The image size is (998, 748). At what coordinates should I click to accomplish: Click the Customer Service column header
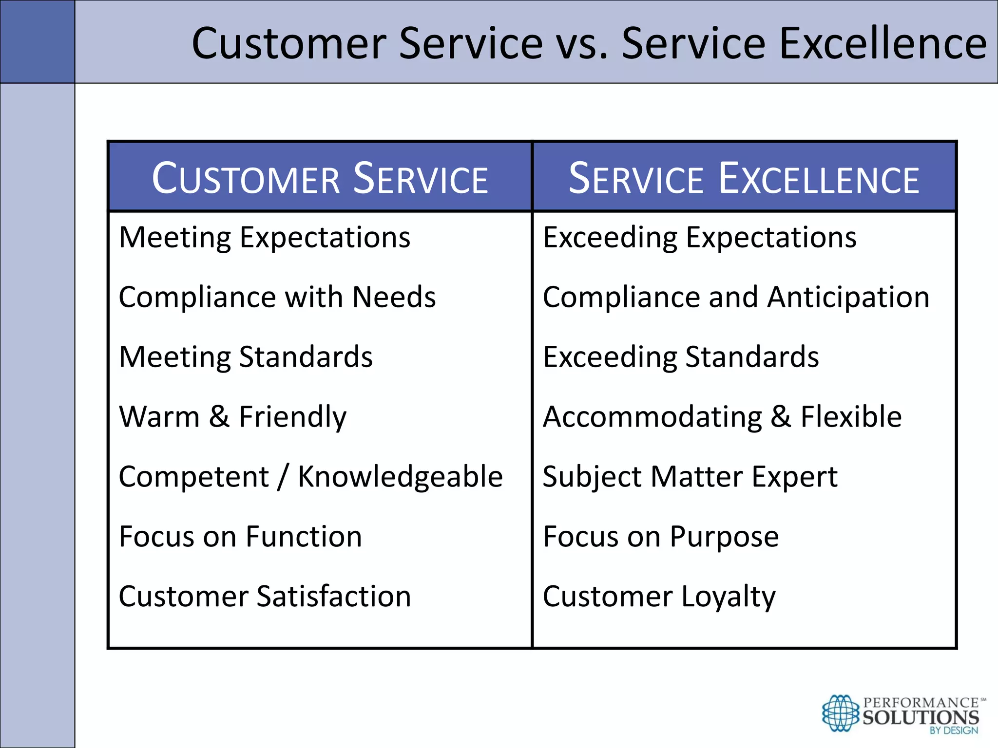click(x=320, y=178)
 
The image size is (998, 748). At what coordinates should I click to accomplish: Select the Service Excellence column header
click(x=744, y=178)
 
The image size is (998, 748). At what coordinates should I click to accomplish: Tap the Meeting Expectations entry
click(x=265, y=238)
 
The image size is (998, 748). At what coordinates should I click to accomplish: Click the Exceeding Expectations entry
click(x=700, y=238)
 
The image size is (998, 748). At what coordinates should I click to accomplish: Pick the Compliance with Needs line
click(x=277, y=297)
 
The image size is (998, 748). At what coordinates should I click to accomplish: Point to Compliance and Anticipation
click(x=736, y=297)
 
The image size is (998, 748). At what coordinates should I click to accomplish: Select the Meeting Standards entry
click(x=246, y=357)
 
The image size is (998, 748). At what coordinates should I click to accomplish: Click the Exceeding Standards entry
click(x=681, y=357)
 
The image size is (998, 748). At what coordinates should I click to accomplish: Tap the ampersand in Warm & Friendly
click(x=219, y=417)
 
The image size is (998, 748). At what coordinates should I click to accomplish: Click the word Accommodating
click(x=652, y=417)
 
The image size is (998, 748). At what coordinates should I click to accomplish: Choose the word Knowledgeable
click(x=400, y=477)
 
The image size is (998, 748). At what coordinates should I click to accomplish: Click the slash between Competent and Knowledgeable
click(x=283, y=477)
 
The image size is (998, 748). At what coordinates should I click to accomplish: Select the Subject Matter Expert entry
click(x=690, y=477)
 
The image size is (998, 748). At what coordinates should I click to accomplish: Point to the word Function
click(x=304, y=537)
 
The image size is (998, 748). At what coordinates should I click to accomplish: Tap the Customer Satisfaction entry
click(x=265, y=597)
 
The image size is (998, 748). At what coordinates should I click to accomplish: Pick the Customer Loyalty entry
click(x=659, y=597)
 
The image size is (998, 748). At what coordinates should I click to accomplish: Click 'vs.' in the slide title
click(x=582, y=44)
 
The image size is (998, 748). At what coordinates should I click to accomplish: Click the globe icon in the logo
click(x=840, y=713)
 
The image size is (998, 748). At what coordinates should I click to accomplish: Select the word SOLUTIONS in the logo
click(x=921, y=717)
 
